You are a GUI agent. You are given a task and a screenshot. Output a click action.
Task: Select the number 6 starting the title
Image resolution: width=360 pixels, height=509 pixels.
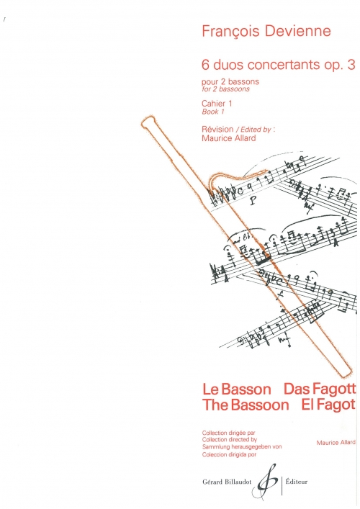coord(204,65)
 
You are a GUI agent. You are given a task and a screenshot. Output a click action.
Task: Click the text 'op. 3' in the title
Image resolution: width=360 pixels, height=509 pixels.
coord(335,66)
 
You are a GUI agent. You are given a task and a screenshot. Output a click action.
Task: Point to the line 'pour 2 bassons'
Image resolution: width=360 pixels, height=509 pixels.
coord(230,81)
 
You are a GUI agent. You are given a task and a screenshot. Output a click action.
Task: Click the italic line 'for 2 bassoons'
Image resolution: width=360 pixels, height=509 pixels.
coord(225,89)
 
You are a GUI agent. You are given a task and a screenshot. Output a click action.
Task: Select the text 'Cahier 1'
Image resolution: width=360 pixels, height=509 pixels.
coord(217,104)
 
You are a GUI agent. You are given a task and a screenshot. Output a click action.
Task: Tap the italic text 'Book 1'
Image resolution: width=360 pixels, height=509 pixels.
coord(213,112)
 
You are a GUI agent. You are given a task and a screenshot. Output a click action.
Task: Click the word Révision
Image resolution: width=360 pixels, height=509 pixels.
coord(217,129)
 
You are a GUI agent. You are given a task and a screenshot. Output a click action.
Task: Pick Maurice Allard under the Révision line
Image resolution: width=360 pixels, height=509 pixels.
coord(229,138)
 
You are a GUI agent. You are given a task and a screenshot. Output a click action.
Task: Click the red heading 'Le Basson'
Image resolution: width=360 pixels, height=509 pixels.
coord(237,389)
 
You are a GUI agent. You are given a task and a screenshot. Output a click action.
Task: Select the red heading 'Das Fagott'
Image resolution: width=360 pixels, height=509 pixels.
coord(320,389)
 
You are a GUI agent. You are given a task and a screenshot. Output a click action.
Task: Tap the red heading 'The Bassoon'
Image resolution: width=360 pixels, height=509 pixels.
coord(246,405)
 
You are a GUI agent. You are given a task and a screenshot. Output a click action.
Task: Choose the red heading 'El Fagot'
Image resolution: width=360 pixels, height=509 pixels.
coord(328,405)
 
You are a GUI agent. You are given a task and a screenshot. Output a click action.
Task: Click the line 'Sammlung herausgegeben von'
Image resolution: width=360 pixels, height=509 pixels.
coord(242,446)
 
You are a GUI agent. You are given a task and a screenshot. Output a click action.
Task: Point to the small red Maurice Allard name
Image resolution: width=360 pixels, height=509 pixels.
coord(336,443)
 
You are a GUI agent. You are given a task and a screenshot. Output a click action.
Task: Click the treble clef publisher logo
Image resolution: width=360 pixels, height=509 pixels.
coord(267,482)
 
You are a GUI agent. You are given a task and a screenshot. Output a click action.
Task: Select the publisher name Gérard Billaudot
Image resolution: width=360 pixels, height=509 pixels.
coord(227,482)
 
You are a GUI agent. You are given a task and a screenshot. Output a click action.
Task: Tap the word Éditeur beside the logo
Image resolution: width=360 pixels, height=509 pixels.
coord(297,482)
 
